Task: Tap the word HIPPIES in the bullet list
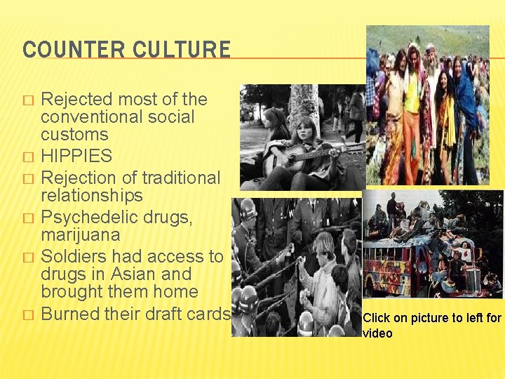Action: coord(76,156)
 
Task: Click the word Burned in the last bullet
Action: coord(69,314)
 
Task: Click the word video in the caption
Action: coord(378,333)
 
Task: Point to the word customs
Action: coord(74,134)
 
